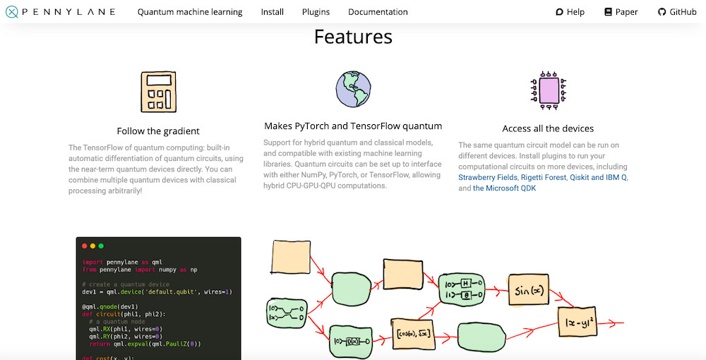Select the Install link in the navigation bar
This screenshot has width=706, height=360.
tap(273, 12)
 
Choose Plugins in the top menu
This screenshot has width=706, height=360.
tap(316, 12)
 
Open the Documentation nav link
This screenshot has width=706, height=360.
tap(378, 12)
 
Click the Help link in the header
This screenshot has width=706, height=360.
tap(570, 12)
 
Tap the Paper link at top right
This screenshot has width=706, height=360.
tap(621, 12)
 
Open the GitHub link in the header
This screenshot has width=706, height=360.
tap(677, 12)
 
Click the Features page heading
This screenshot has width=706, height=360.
tap(353, 37)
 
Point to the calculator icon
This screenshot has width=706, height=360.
tap(158, 92)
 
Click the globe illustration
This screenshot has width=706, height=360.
tap(353, 89)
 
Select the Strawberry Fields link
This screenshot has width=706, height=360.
tap(488, 177)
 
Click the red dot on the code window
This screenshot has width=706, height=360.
tap(85, 246)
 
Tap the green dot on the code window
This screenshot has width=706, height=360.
tap(101, 246)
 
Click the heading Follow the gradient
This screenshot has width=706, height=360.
tap(158, 131)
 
